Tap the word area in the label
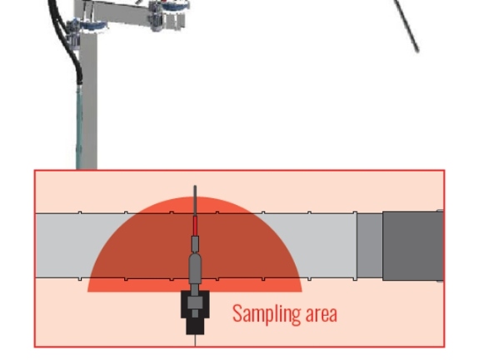tap(321, 314)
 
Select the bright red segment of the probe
tap(195, 226)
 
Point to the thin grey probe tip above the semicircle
tap(195, 201)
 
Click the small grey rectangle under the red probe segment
tap(195, 243)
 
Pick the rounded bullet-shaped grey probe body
tap(195, 268)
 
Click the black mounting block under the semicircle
tap(195, 312)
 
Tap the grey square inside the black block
tap(195, 302)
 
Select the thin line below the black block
tap(195, 341)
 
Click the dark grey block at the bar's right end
tap(413, 246)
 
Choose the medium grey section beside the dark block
tap(370, 246)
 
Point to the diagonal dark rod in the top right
tap(407, 26)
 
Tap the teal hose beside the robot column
tap(79, 127)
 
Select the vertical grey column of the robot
tap(89, 101)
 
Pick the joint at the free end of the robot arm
tap(168, 15)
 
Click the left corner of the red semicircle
tap(87, 292)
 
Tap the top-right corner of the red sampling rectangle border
tap(445, 170)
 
